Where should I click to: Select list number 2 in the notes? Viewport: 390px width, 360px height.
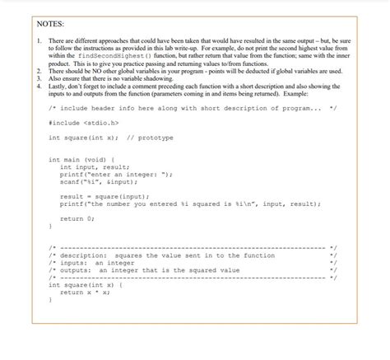pyautogui.click(x=39, y=72)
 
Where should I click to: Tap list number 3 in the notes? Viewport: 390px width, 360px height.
pyautogui.click(x=39, y=79)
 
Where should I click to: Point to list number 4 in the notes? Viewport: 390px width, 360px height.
pyautogui.click(x=39, y=86)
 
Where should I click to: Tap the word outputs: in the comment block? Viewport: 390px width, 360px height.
pyautogui.click(x=73, y=270)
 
